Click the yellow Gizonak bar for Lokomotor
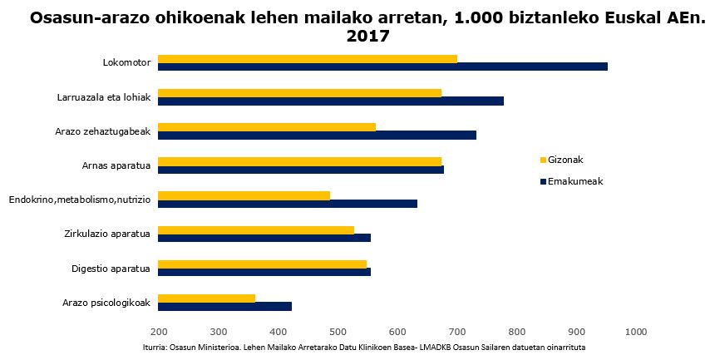pos(308,59)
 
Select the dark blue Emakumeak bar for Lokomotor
pos(382,67)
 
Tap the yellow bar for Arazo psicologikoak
pos(207,298)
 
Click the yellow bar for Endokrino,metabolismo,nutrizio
pos(244,195)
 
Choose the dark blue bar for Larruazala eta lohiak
pos(331,101)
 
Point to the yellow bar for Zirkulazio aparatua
pos(256,229)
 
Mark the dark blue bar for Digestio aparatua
pos(264,272)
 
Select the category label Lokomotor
pos(126,62)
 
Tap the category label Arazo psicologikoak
pos(106,303)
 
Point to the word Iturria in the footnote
pos(155,348)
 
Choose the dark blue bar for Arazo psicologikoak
pos(224,306)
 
